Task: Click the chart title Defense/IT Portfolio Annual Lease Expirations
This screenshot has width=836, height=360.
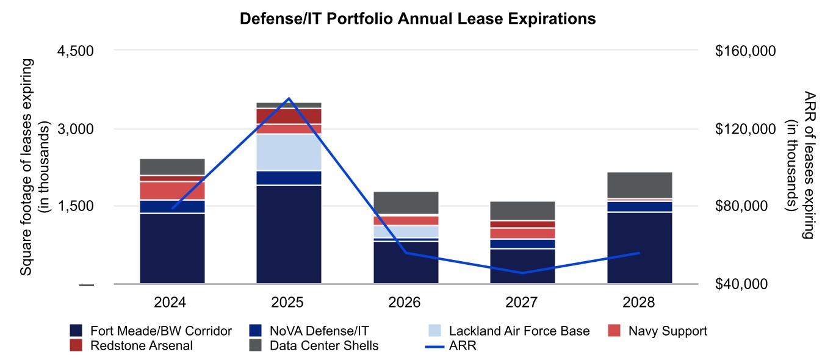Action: (x=417, y=19)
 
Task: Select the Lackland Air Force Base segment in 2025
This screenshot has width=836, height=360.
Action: (x=289, y=152)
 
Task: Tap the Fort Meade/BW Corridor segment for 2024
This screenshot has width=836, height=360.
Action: (x=172, y=248)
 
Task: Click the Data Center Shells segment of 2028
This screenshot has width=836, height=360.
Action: (x=640, y=185)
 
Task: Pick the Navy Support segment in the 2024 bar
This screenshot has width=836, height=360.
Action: (x=172, y=190)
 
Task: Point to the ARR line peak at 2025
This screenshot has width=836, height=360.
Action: (x=289, y=98)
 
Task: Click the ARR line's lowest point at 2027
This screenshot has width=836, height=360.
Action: (x=522, y=273)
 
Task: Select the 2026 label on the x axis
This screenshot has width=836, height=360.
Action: (x=406, y=303)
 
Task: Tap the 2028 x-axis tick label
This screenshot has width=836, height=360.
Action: (x=640, y=303)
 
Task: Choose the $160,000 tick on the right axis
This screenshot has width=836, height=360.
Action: (x=744, y=51)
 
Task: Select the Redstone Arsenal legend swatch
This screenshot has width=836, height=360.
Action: (x=77, y=346)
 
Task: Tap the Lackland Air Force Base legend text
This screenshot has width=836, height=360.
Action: (x=519, y=331)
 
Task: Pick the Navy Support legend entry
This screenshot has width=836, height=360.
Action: (x=659, y=331)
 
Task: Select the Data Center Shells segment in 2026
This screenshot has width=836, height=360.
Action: (x=406, y=203)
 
